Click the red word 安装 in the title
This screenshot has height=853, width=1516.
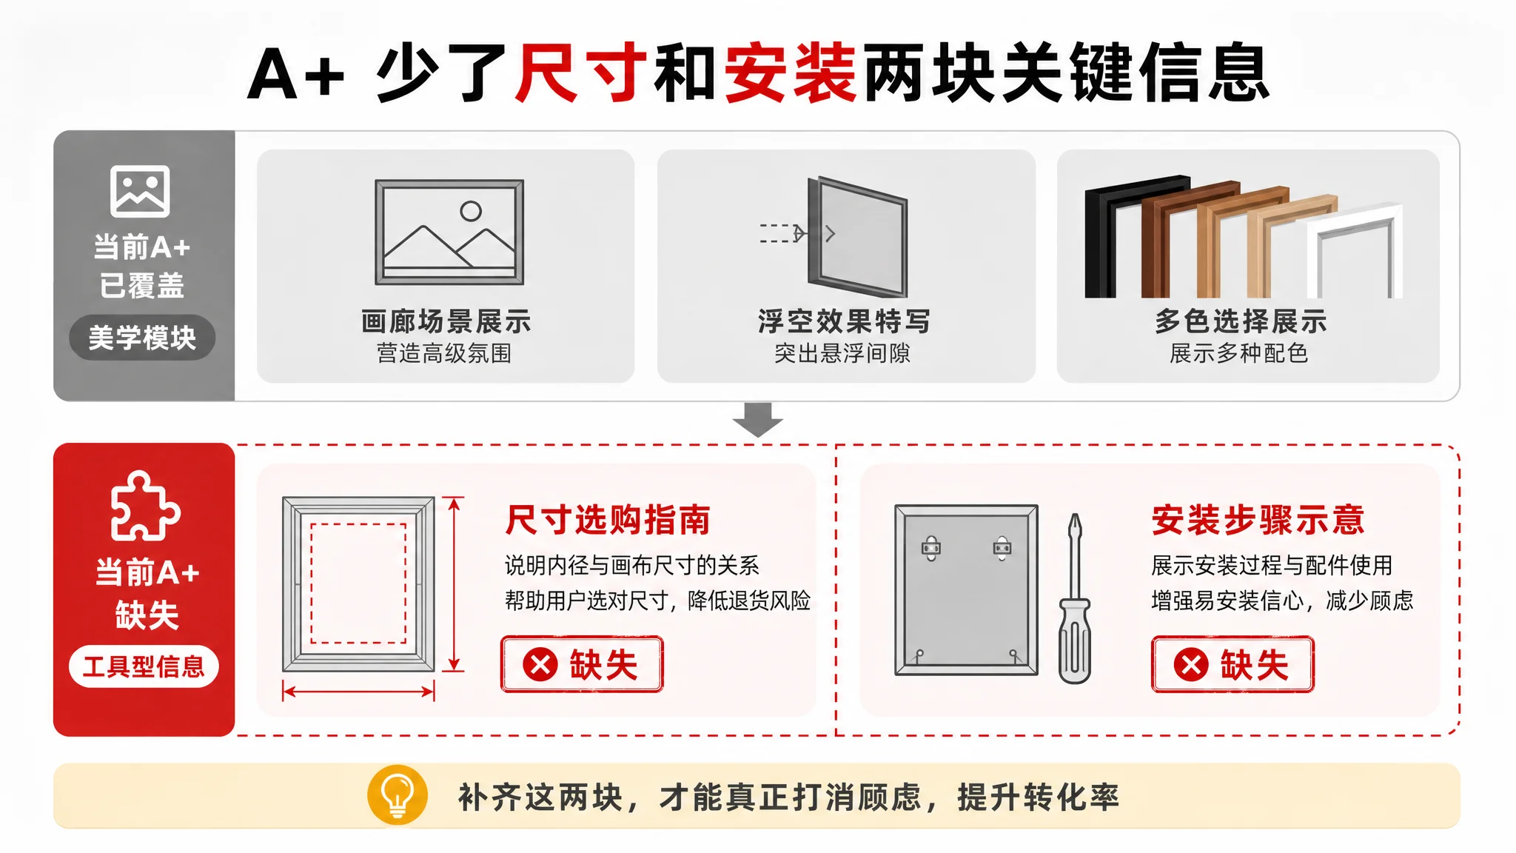pyautogui.click(x=791, y=73)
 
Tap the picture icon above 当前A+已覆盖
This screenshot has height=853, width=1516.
pyautogui.click(x=140, y=191)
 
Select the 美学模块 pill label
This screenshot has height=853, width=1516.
pyautogui.click(x=142, y=338)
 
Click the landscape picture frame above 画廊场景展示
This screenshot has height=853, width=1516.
pyautogui.click(x=449, y=233)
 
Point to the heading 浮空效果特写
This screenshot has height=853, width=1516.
pyautogui.click(x=844, y=321)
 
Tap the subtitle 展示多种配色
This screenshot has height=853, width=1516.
pyautogui.click(x=1239, y=353)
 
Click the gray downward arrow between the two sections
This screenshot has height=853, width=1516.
pyautogui.click(x=757, y=420)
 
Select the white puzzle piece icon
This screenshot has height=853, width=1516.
pyautogui.click(x=145, y=506)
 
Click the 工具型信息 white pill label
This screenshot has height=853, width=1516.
pyautogui.click(x=144, y=666)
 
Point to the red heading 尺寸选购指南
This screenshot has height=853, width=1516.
pyautogui.click(x=608, y=519)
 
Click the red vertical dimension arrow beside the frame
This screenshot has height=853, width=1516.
pyautogui.click(x=455, y=584)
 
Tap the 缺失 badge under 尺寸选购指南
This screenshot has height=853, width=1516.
pyautogui.click(x=582, y=664)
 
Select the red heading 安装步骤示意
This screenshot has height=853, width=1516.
pyautogui.click(x=1258, y=519)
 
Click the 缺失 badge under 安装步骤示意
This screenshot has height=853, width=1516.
pyautogui.click(x=1232, y=664)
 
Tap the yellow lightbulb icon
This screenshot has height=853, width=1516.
pyautogui.click(x=398, y=795)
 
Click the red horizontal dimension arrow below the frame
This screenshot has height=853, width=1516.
pyautogui.click(x=358, y=692)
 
